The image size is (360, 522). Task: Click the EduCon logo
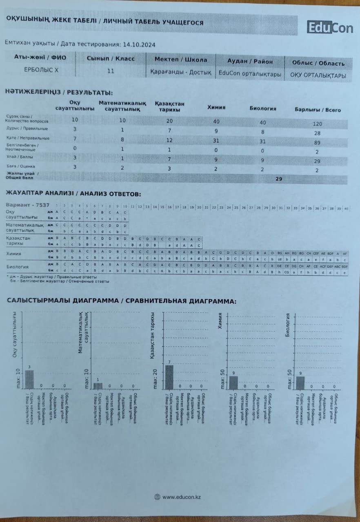(x=330, y=28)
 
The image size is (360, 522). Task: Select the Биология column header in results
(x=263, y=108)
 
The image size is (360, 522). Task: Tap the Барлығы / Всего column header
(x=318, y=110)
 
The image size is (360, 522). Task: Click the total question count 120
(x=318, y=124)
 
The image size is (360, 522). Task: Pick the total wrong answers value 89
(x=318, y=143)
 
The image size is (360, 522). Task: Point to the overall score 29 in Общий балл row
(x=279, y=178)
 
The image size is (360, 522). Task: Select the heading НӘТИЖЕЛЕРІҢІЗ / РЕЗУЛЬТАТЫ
(x=59, y=93)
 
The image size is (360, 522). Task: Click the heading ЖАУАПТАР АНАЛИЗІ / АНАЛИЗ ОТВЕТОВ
(x=73, y=193)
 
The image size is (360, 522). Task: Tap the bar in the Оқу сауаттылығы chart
(x=29, y=379)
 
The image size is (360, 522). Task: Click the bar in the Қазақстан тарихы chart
(x=169, y=377)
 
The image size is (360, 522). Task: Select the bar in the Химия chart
(x=233, y=382)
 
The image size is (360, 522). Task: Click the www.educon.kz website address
(x=181, y=497)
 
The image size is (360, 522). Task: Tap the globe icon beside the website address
(x=157, y=497)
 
